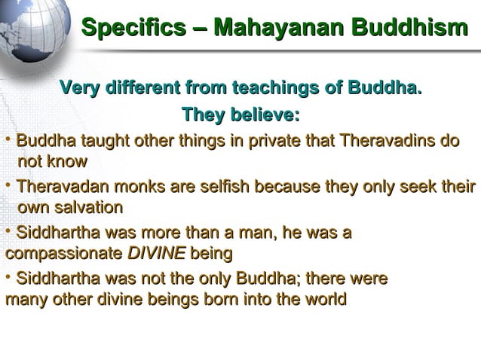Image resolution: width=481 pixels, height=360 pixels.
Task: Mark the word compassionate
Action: (63, 252)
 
